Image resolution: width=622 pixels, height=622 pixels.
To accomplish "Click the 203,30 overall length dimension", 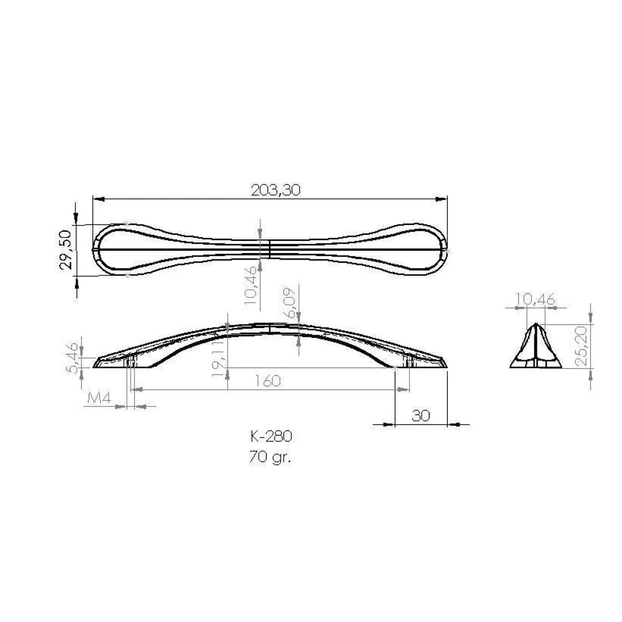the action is [275, 190].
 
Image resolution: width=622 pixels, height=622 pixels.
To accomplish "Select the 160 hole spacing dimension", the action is [267, 381].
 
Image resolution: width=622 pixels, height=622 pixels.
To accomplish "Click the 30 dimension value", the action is [420, 416].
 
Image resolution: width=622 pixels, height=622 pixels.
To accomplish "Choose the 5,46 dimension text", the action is [73, 358].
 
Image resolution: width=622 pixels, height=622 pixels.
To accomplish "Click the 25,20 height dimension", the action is [581, 346].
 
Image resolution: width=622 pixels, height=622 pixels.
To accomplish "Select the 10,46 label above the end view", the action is [535, 299].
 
